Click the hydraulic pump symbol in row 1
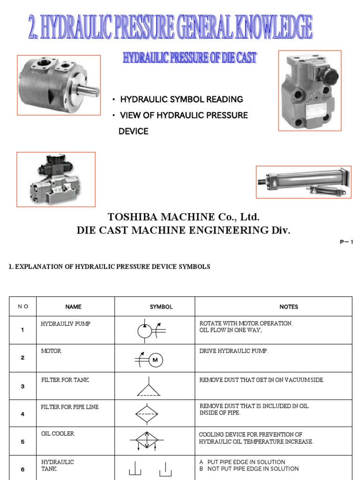[x=145, y=330]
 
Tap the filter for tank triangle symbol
[x=149, y=388]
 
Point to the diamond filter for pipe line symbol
[x=149, y=414]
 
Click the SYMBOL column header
[x=161, y=307]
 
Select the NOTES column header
[x=289, y=307]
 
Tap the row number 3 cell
[x=22, y=386]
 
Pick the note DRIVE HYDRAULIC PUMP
[x=234, y=352]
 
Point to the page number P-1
[x=346, y=242]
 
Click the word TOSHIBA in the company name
[x=130, y=217]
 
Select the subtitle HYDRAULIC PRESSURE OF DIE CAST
[x=189, y=58]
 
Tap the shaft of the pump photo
[x=91, y=89]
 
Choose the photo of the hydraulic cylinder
[x=303, y=182]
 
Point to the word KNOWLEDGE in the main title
[x=275, y=27]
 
